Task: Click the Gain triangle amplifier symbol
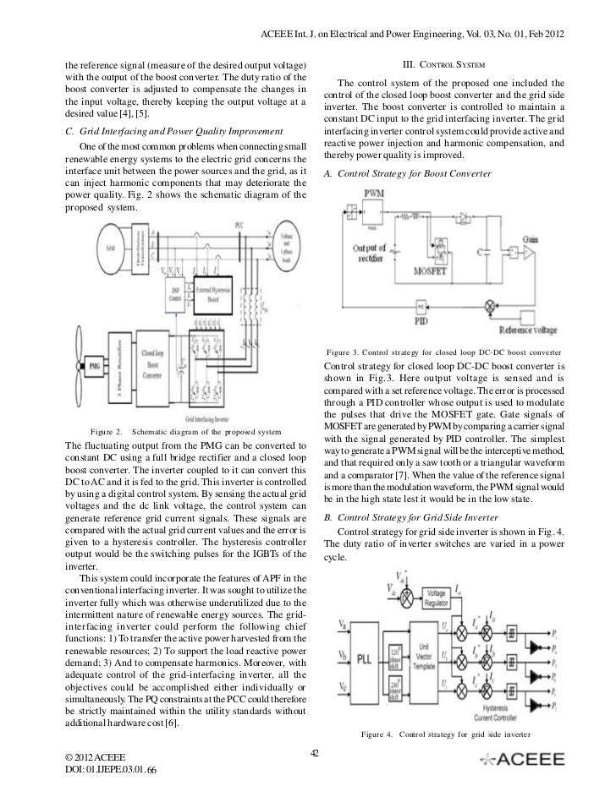[528, 253]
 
